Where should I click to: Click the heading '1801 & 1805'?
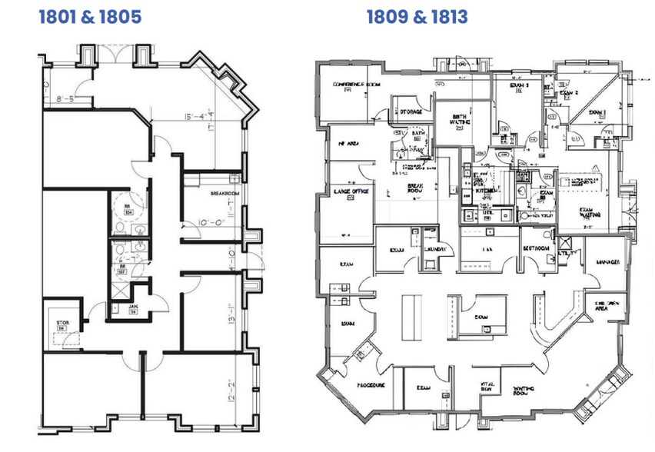tap(90, 16)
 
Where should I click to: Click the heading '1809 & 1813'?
tap(417, 16)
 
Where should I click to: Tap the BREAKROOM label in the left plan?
tap(225, 194)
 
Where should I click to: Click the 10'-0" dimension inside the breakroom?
tap(210, 223)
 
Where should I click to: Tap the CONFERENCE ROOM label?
tap(357, 83)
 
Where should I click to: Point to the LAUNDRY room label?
tap(435, 250)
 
